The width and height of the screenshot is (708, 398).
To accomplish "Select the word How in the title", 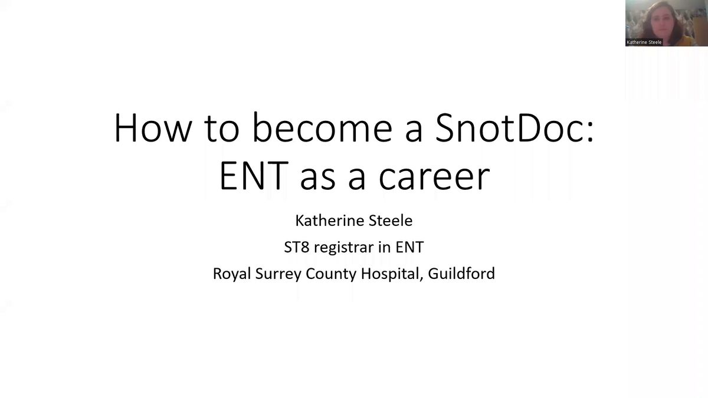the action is [x=153, y=127].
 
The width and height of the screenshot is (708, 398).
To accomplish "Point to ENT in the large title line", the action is [x=254, y=176].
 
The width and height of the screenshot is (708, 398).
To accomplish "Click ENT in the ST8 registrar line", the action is [x=409, y=247].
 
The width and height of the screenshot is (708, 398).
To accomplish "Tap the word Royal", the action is [x=232, y=274].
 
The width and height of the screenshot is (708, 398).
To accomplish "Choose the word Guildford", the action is [x=461, y=273].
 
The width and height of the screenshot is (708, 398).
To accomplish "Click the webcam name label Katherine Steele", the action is [x=644, y=42].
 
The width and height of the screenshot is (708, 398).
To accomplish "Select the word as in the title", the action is [x=317, y=180].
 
